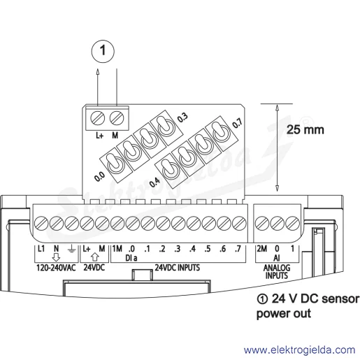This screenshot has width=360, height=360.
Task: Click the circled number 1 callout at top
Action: (103, 51)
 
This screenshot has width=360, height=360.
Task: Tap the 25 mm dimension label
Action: (305, 129)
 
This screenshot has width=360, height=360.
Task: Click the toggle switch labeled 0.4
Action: (171, 171)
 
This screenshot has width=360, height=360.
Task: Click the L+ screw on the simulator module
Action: (97, 118)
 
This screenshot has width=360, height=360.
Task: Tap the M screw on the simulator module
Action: (116, 118)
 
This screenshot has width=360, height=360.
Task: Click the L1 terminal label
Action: (41, 249)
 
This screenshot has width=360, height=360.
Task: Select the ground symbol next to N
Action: (71, 250)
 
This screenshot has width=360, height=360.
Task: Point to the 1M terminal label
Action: (117, 249)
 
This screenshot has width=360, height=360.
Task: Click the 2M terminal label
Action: (262, 249)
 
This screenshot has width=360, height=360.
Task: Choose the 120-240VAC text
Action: (56, 268)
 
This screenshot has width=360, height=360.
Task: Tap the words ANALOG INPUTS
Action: (277, 272)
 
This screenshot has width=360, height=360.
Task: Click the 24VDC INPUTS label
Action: (178, 268)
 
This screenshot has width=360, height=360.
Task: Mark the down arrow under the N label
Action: (56, 257)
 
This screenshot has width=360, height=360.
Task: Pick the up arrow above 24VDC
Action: (94, 257)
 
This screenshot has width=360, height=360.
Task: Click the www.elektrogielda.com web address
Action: (299, 350)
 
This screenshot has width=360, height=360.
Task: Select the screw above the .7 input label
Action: (239, 223)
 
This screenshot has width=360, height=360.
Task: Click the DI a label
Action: (131, 258)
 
